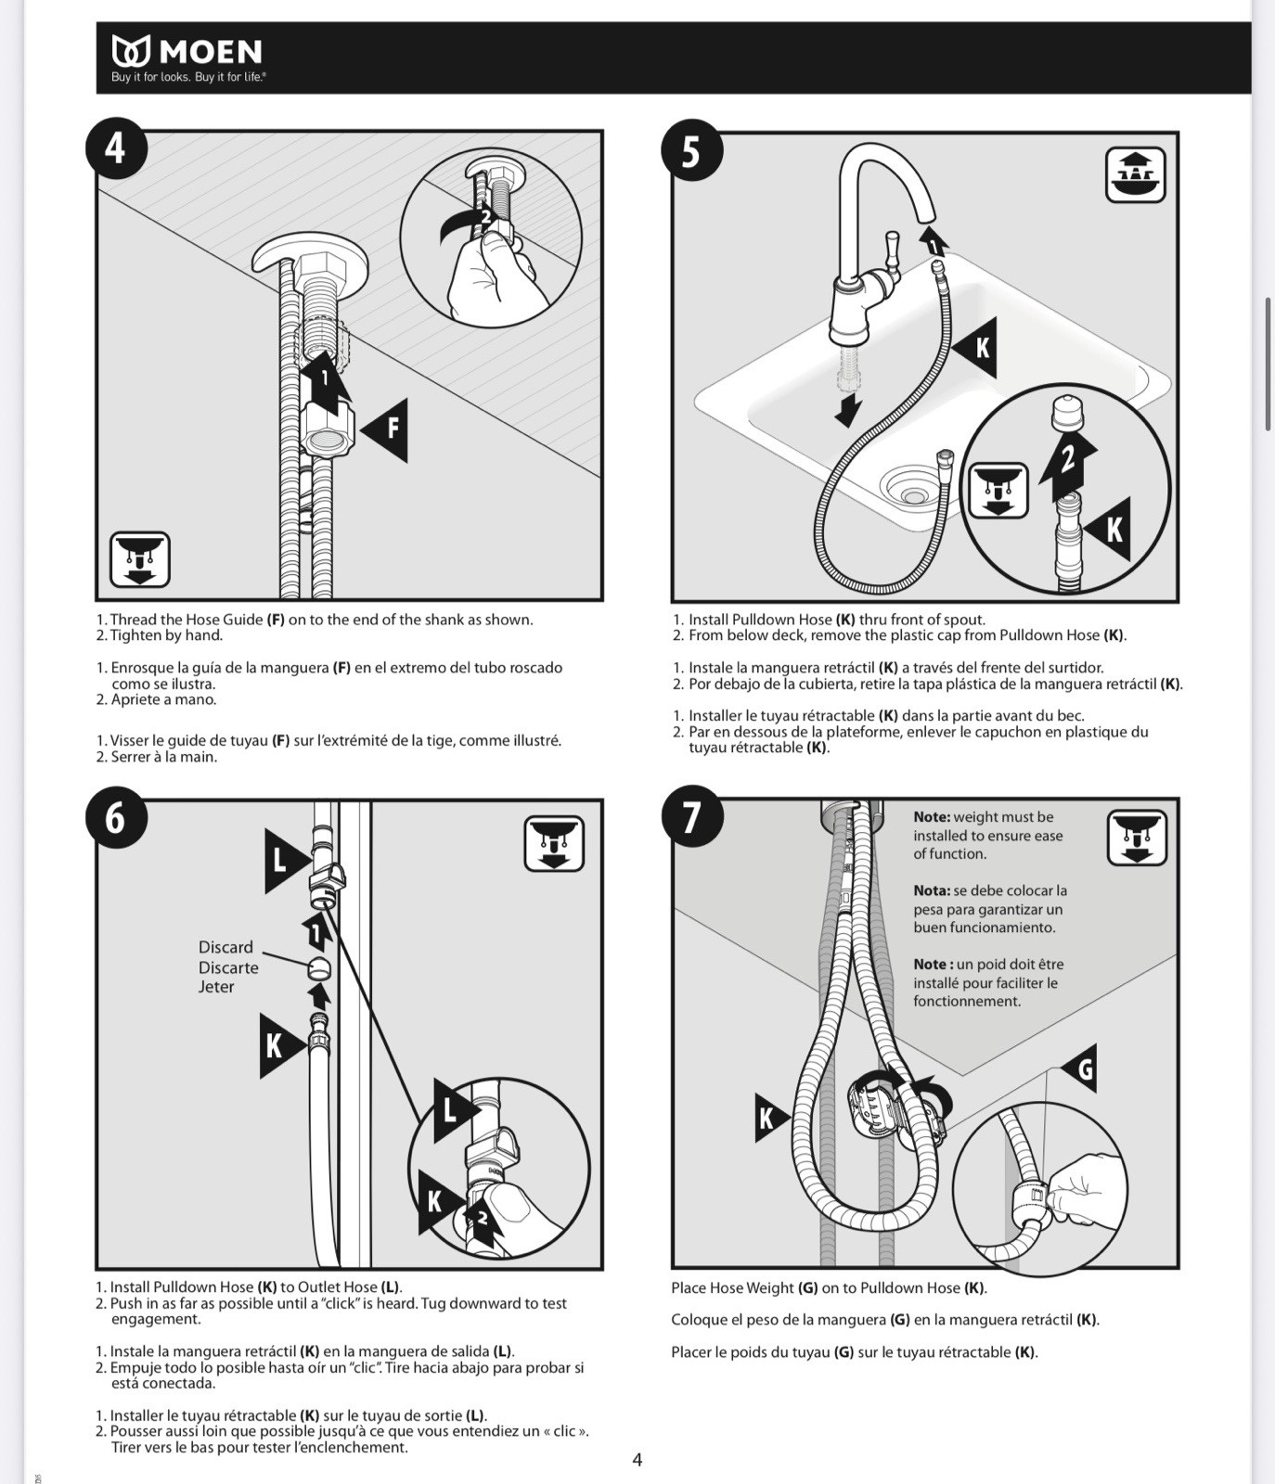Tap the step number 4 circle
pos(116,148)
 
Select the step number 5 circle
pos(691,150)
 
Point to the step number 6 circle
pos(116,817)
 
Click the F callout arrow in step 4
pos(386,429)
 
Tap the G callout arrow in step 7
pos(1079,1069)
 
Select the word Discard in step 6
pos(225,947)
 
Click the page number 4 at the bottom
pos(637,1460)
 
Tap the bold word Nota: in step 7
pos(932,890)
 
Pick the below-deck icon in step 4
pos(140,559)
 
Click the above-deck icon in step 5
pos(1136,174)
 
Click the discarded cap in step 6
pos(320,968)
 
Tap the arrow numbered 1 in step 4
pos(325,378)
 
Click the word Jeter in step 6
pos(216,987)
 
